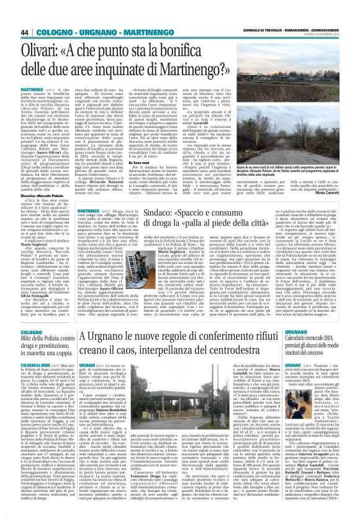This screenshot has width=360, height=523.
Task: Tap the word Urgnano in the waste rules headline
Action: click(x=101, y=355)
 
